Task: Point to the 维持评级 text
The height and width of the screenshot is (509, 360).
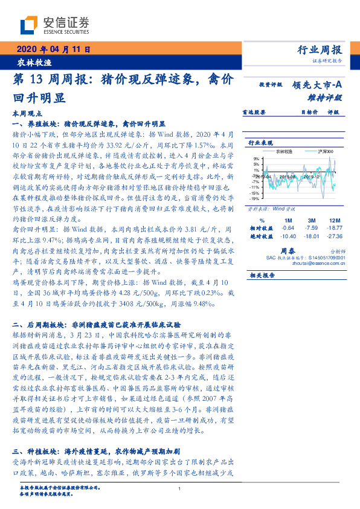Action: click(329, 97)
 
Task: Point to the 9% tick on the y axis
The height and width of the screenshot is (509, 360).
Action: click(256, 158)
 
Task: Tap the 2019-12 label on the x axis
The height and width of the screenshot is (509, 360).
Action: click(312, 178)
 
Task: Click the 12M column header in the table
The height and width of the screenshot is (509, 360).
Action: click(333, 220)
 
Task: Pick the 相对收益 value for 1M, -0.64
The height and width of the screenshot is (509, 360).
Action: click(288, 228)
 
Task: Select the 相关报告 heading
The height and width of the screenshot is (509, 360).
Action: click(262, 275)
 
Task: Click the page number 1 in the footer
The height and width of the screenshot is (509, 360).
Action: click(180, 488)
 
